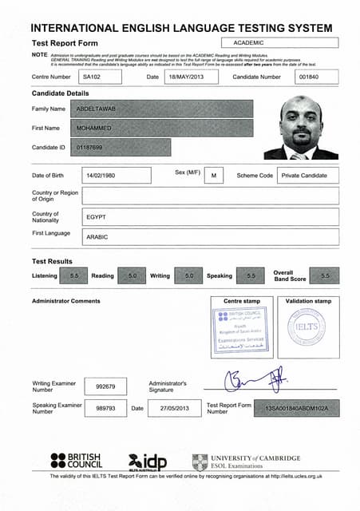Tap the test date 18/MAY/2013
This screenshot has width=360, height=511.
[x=192, y=77]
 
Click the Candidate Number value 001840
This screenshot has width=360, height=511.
[x=315, y=77]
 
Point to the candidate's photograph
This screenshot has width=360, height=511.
[x=300, y=129]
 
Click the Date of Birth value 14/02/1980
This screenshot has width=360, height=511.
[x=111, y=175]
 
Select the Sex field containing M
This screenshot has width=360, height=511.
[x=214, y=175]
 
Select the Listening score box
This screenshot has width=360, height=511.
[x=73, y=275]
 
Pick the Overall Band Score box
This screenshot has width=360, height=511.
[x=324, y=275]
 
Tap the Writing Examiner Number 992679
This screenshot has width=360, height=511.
[x=105, y=386]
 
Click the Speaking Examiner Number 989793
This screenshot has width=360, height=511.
[x=105, y=408]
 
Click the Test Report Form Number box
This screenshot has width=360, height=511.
[x=295, y=409]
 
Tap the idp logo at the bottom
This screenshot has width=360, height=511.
[x=148, y=461]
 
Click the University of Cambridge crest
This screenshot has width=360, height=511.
[x=200, y=461]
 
